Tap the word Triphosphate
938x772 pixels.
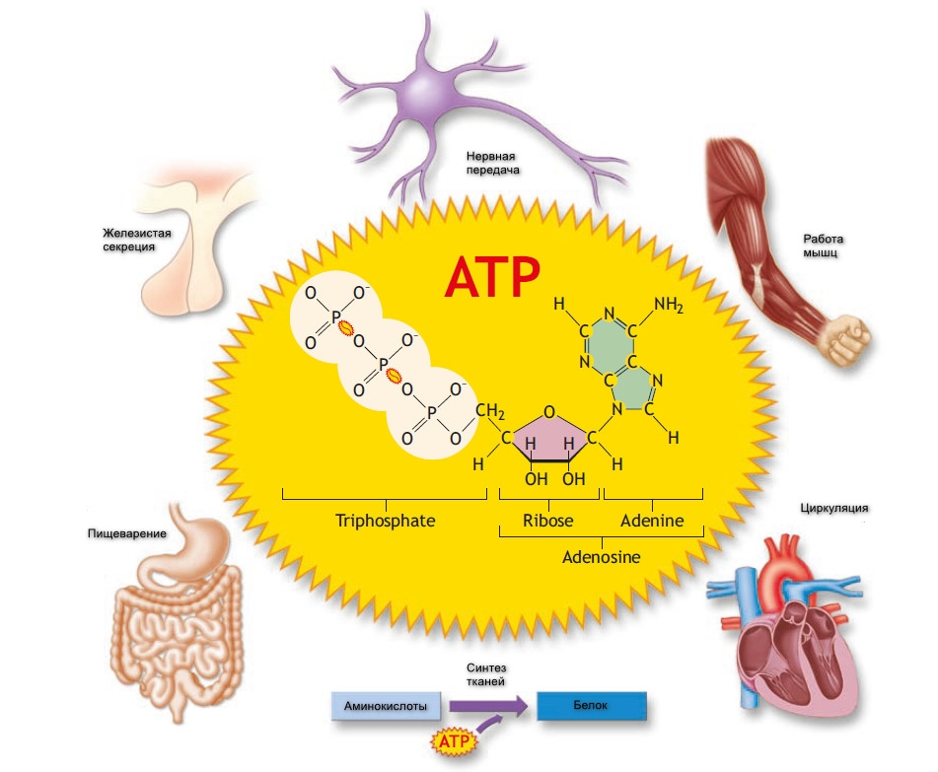pyautogui.click(x=385, y=520)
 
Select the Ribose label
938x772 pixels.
pyautogui.click(x=548, y=520)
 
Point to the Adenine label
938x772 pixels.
pyautogui.click(x=652, y=520)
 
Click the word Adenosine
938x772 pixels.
pyautogui.click(x=601, y=556)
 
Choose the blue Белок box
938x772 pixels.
pyautogui.click(x=592, y=706)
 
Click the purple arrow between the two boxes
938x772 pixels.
pyautogui.click(x=489, y=706)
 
